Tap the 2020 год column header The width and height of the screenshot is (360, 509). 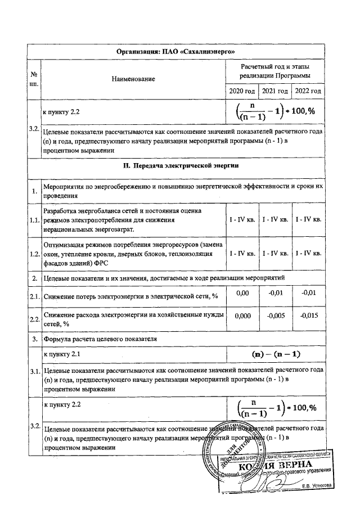[x=241, y=91]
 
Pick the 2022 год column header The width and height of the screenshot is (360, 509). [x=309, y=91]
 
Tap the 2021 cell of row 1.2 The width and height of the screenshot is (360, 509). [x=275, y=254]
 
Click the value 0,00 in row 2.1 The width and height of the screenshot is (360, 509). [x=241, y=293]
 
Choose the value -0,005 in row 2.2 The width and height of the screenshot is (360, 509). [x=275, y=316]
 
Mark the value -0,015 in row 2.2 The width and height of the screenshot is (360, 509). [x=309, y=316]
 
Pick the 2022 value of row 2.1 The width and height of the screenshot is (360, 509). [x=309, y=293]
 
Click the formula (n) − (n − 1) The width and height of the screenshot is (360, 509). [x=276, y=354]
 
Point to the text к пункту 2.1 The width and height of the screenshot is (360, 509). [x=63, y=354]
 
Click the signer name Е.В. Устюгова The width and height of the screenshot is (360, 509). [x=317, y=485]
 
